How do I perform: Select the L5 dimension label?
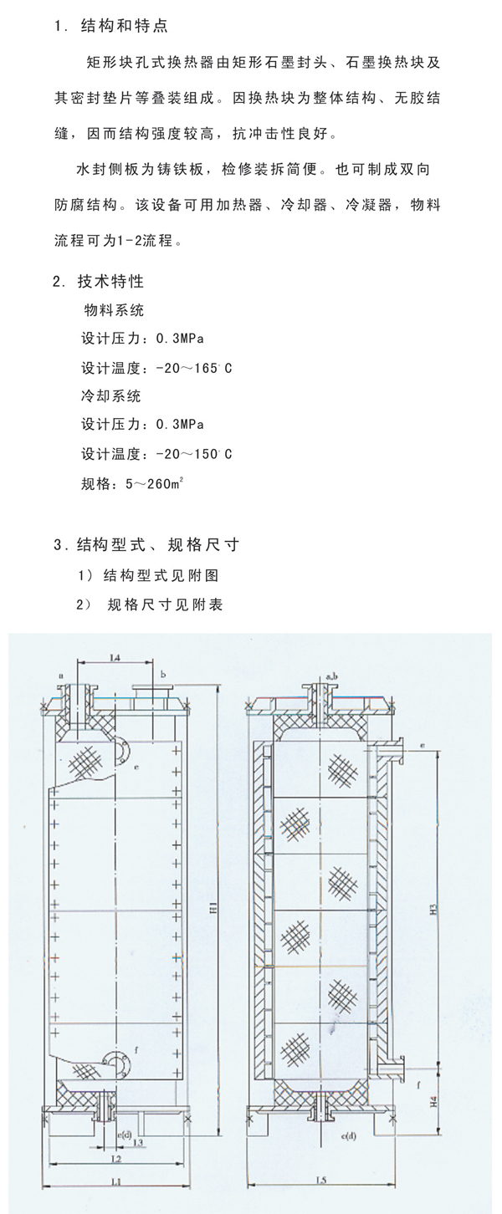pos(320,1179)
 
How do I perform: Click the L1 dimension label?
pos(116,1181)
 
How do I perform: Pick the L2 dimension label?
pos(116,1160)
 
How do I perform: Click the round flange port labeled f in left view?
pos(118,1061)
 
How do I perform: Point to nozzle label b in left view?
pos(163,673)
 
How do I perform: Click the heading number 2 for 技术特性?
pos(57,281)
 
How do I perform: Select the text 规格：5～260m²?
pos(130,482)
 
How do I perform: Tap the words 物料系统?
pos(114,310)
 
